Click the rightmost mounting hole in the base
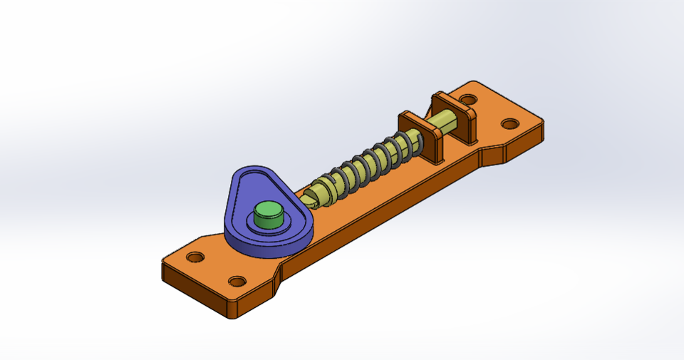(509, 124)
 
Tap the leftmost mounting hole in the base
(195, 257)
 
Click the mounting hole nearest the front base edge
(237, 282)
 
